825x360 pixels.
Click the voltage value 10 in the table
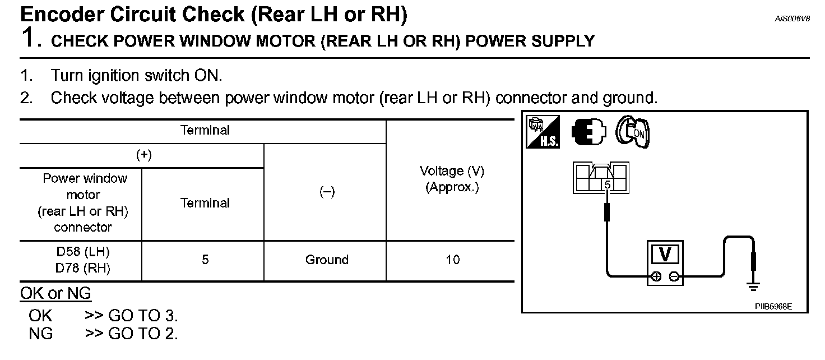click(452, 260)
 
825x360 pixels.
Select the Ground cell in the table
click(327, 260)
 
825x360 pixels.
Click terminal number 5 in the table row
click(205, 260)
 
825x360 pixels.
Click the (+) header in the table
click(144, 156)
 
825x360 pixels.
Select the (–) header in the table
click(327, 192)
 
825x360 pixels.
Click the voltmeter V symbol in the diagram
click(665, 255)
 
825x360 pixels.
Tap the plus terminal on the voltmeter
click(656, 276)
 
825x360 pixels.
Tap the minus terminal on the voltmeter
click(674, 276)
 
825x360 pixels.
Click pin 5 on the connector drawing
click(607, 184)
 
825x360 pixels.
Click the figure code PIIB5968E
click(773, 307)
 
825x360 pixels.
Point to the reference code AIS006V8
click(792, 19)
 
